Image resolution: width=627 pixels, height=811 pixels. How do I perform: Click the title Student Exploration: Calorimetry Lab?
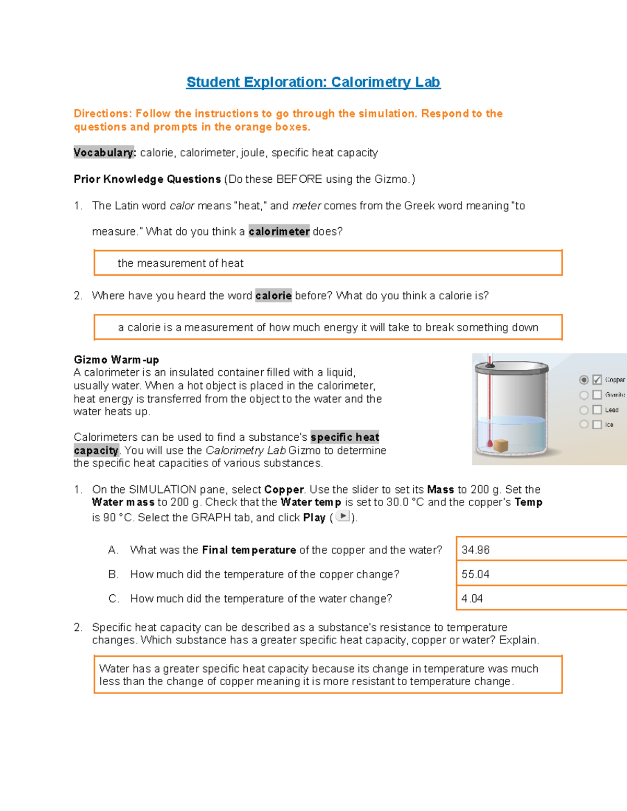click(x=313, y=82)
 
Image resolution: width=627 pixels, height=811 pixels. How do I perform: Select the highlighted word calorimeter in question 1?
click(x=279, y=231)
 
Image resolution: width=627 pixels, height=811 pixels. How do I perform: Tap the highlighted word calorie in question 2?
click(x=273, y=296)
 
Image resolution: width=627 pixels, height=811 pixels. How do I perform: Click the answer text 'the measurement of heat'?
click(x=180, y=263)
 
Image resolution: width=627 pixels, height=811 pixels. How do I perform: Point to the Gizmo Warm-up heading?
click(x=116, y=360)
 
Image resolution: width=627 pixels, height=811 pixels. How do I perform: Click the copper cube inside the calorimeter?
click(x=501, y=445)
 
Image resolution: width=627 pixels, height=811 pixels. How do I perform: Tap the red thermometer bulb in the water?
click(x=490, y=444)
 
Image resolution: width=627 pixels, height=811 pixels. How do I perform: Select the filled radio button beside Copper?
click(x=584, y=380)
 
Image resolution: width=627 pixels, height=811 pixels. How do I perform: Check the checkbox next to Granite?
click(x=597, y=395)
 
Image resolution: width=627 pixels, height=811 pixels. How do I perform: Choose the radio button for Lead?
click(x=584, y=410)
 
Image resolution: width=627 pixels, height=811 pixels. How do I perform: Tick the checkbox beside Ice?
click(x=597, y=425)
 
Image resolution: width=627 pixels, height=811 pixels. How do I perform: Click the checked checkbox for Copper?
click(x=597, y=380)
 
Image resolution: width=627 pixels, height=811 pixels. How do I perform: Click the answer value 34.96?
click(x=475, y=550)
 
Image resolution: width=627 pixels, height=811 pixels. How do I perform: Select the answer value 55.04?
click(x=475, y=574)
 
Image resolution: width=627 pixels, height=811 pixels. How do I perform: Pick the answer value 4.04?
click(x=472, y=598)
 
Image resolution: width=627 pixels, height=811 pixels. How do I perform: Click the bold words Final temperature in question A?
click(x=249, y=550)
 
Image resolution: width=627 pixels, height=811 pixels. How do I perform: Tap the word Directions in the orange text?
click(x=101, y=113)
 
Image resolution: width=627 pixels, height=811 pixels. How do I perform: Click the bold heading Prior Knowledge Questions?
click(x=147, y=179)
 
